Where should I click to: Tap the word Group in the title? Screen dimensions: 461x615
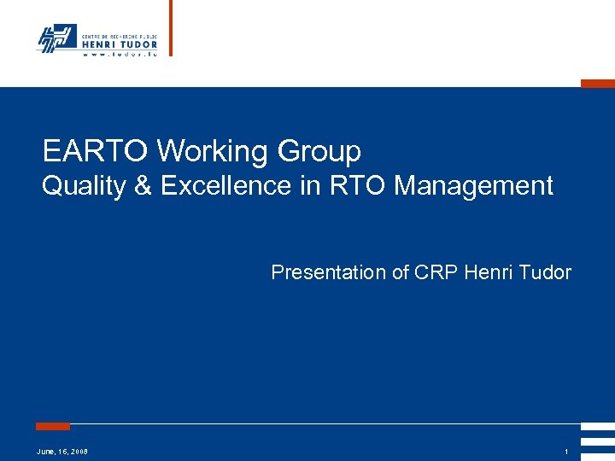(x=319, y=151)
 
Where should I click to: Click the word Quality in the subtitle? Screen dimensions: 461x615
(x=83, y=185)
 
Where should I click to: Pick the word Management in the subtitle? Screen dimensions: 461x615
(x=474, y=185)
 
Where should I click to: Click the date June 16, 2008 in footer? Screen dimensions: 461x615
(x=62, y=451)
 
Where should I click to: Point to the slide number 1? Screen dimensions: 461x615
(x=566, y=451)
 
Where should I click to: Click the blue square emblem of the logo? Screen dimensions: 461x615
(x=56, y=38)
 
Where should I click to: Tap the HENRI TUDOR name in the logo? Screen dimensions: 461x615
(x=119, y=44)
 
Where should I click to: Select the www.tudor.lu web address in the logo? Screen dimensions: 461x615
(x=119, y=55)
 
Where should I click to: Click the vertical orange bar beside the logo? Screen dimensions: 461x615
(x=170, y=27)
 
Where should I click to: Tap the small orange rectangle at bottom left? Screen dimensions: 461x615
(x=53, y=425)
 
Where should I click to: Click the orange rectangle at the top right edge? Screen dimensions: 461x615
(x=597, y=84)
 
